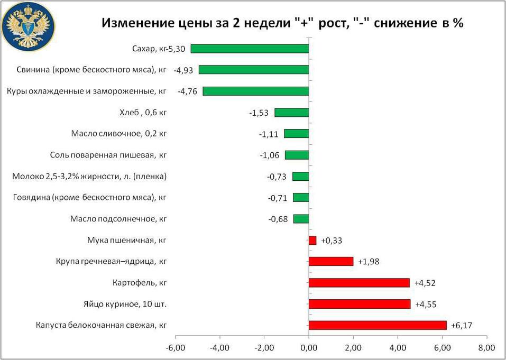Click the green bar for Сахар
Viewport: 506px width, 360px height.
click(x=250, y=49)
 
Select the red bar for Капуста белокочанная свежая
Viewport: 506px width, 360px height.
click(x=378, y=325)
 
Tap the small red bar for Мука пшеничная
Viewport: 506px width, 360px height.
click(x=312, y=240)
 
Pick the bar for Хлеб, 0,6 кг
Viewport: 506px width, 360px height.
click(x=291, y=112)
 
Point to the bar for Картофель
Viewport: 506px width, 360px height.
click(x=359, y=283)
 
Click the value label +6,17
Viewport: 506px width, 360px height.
click(x=462, y=326)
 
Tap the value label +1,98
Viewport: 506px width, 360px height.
click(x=369, y=262)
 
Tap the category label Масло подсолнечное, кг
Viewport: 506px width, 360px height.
click(x=118, y=219)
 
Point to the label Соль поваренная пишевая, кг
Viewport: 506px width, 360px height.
click(x=108, y=155)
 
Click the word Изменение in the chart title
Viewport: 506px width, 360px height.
click(x=135, y=24)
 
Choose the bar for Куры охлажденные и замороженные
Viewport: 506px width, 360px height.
click(x=255, y=91)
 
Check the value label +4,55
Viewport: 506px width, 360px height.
click(x=426, y=304)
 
